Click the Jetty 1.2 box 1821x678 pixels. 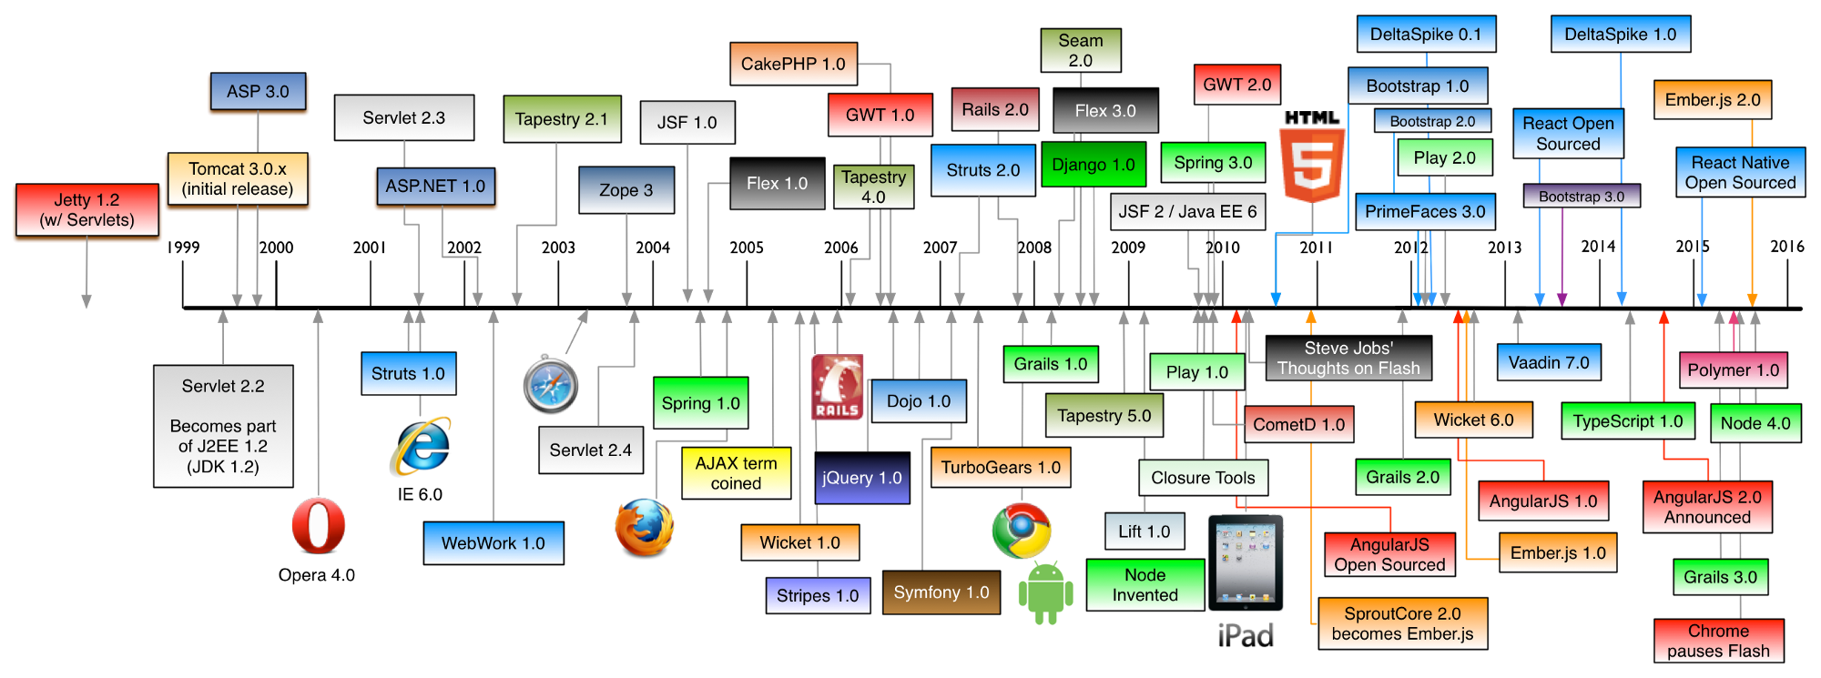(86, 210)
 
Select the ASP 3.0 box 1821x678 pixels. (258, 92)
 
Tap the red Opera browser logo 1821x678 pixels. (319, 525)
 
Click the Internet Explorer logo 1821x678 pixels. (420, 446)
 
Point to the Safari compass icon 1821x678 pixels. (551, 384)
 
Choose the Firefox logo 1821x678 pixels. (644, 527)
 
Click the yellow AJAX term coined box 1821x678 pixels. (736, 473)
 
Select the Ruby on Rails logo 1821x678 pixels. (837, 388)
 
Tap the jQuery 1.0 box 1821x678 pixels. (861, 478)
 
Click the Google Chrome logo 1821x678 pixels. (1022, 531)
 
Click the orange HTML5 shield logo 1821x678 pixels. (1312, 165)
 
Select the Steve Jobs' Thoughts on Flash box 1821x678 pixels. (1348, 359)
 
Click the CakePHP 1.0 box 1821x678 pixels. (793, 65)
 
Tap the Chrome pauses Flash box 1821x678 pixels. (1718, 641)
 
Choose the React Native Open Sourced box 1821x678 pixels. (1740, 173)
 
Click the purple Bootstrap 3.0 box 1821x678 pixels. (1581, 197)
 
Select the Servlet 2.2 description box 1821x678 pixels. (223, 426)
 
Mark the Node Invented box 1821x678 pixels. (1144, 585)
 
